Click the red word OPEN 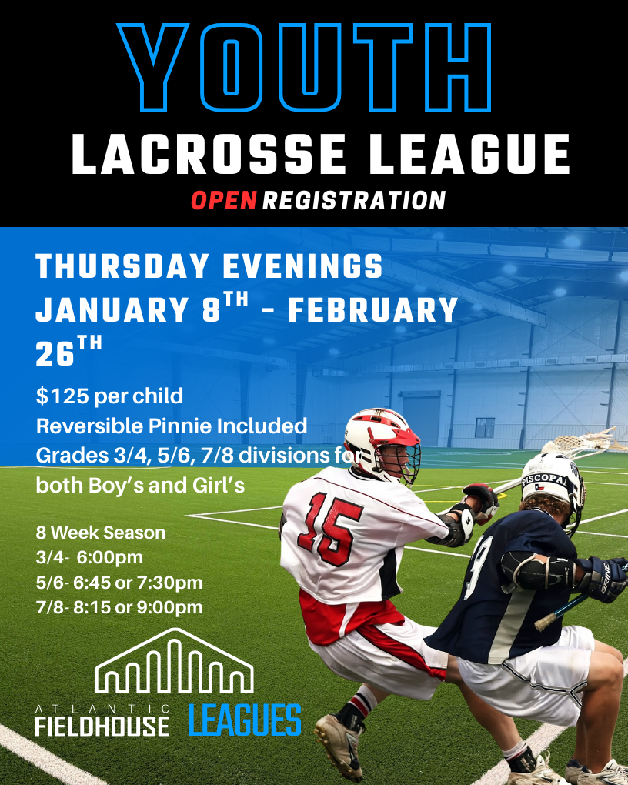click(x=223, y=200)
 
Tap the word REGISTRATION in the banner click(x=354, y=200)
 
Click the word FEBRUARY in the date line click(x=372, y=310)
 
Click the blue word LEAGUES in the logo click(x=245, y=720)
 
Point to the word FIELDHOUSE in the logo click(x=102, y=726)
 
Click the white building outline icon click(x=174, y=661)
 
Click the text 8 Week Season click(x=101, y=532)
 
